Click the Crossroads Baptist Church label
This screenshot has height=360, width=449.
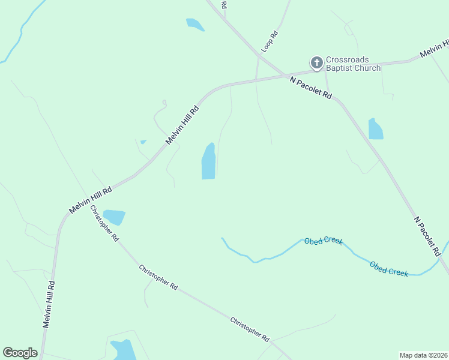[353, 64]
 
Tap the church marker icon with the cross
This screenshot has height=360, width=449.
[316, 62]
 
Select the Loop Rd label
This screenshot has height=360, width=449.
[270, 41]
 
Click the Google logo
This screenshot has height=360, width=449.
[20, 353]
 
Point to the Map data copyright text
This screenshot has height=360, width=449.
[423, 355]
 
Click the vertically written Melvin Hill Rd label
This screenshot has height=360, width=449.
[49, 304]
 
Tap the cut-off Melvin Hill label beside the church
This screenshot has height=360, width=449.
[435, 49]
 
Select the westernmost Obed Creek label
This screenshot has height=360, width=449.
[323, 241]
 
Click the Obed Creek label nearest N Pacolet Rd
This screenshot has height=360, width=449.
[389, 269]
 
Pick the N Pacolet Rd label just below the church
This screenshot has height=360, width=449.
[310, 87]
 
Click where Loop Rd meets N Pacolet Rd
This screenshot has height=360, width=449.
[259, 55]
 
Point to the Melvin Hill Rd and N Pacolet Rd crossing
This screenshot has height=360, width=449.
[286, 75]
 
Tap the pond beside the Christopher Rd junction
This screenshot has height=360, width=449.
[113, 217]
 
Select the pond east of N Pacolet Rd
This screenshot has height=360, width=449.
[375, 129]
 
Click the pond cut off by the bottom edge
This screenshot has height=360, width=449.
[123, 350]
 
